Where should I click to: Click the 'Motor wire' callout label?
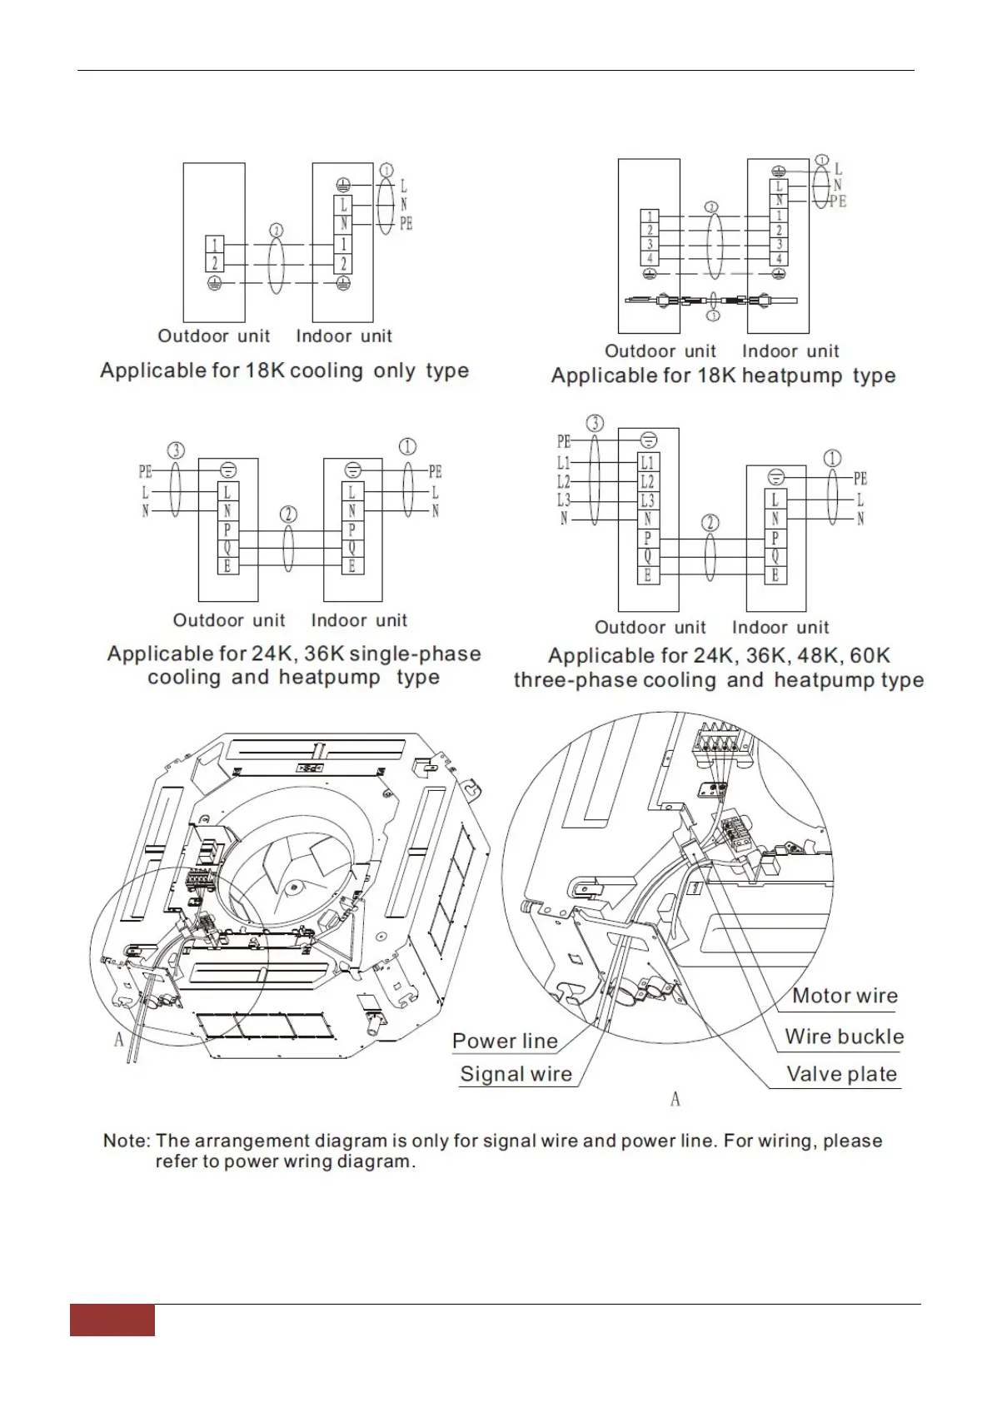pyautogui.click(x=845, y=996)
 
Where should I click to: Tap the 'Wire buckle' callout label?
pyautogui.click(x=844, y=1037)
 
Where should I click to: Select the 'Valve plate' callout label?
pyautogui.click(x=841, y=1074)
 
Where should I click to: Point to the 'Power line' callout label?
pyautogui.click(x=505, y=1041)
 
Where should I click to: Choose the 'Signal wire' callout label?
pyautogui.click(x=516, y=1074)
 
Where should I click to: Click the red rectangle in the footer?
pyautogui.click(x=112, y=1320)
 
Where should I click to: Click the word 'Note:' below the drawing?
pyautogui.click(x=127, y=1141)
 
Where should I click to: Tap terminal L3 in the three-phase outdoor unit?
pyautogui.click(x=647, y=500)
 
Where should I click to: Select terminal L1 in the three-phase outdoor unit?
pyautogui.click(x=647, y=462)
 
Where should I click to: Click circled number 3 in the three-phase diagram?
pyautogui.click(x=595, y=423)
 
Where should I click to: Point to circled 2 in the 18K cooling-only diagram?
pyautogui.click(x=277, y=231)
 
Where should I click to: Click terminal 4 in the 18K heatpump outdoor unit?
pyautogui.click(x=651, y=259)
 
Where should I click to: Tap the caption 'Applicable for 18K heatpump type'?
pyautogui.click(x=723, y=375)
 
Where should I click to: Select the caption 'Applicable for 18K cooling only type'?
pyautogui.click(x=284, y=370)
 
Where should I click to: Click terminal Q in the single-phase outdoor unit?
pyautogui.click(x=227, y=548)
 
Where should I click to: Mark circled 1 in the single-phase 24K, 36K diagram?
pyautogui.click(x=407, y=447)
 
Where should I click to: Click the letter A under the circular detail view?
pyautogui.click(x=675, y=1099)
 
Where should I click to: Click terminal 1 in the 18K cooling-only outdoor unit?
pyautogui.click(x=214, y=245)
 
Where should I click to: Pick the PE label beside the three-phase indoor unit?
pyautogui.click(x=860, y=479)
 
